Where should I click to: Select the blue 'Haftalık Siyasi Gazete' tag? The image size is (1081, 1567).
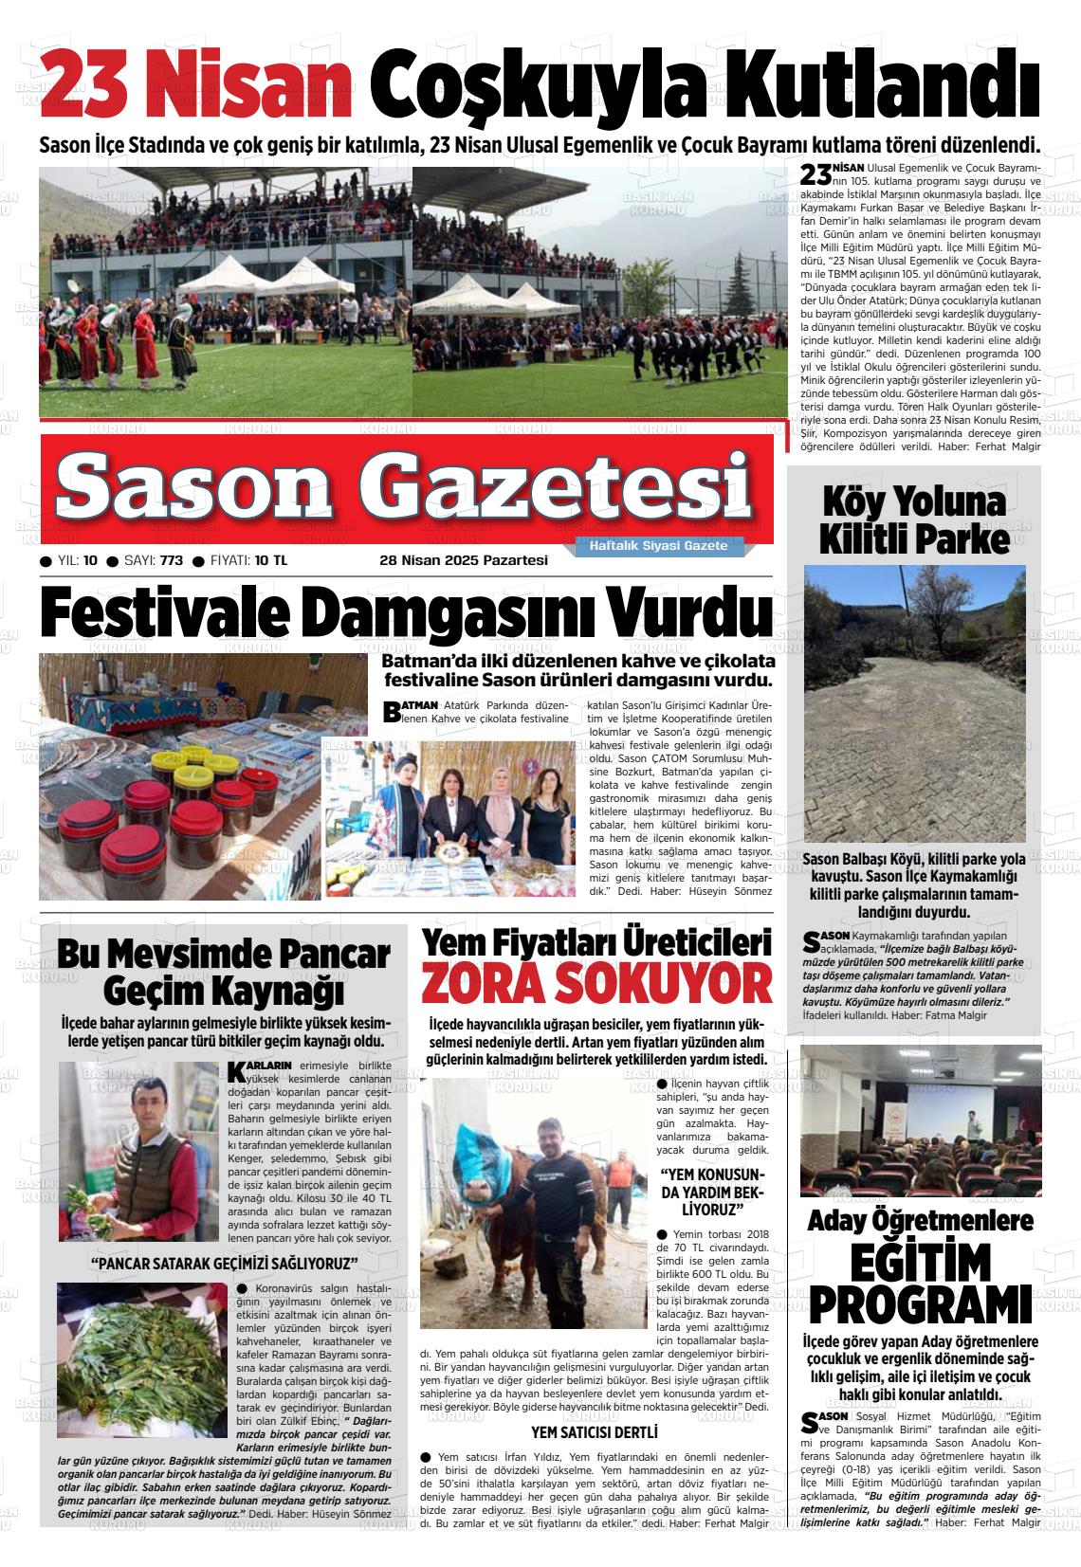(658, 546)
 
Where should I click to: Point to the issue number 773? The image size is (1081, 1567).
(172, 560)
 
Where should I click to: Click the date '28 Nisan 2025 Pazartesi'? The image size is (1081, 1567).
(464, 560)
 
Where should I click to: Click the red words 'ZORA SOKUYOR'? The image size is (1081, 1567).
(596, 982)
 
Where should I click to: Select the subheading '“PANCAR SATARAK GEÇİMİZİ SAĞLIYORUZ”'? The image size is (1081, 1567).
(224, 1265)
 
